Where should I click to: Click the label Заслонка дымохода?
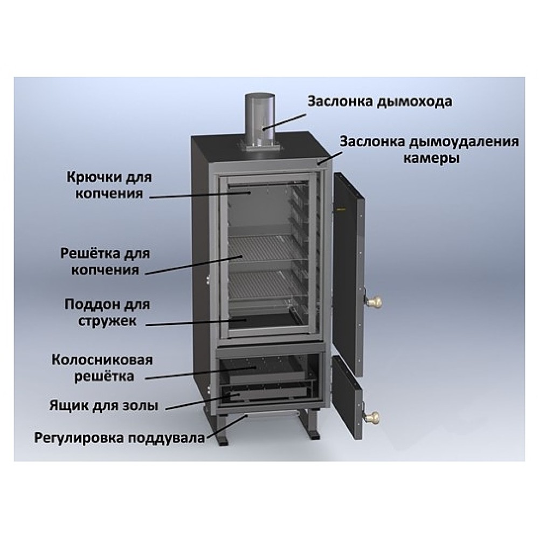tap(380, 102)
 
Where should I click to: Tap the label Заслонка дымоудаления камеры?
tap(430, 150)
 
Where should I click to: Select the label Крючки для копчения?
tap(109, 185)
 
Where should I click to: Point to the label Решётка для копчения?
tap(105, 261)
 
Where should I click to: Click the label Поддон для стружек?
tap(107, 313)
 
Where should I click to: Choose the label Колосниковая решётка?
tap(102, 368)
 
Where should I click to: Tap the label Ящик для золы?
tap(104, 406)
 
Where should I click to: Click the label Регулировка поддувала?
tap(119, 438)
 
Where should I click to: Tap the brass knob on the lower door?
tap(374, 417)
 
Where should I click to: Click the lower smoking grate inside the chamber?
tap(264, 284)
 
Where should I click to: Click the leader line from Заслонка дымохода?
tap(284, 122)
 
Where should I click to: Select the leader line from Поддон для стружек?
tap(196, 322)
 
